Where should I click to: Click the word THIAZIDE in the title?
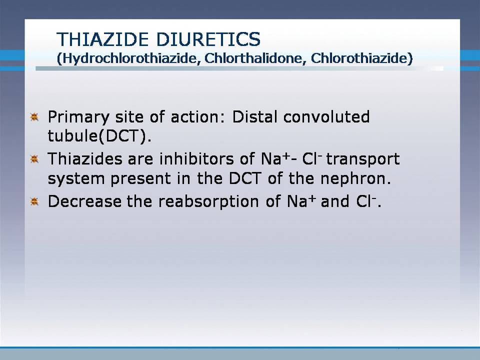tap(102, 39)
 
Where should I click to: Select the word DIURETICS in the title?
tap(208, 39)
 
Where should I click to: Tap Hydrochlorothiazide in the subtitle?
tap(128, 58)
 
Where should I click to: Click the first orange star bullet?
tap(34, 117)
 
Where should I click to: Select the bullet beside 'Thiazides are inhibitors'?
tap(34, 159)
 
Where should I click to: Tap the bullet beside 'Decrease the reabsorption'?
tap(34, 201)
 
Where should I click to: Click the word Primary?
tap(78, 117)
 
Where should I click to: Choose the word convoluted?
tap(326, 116)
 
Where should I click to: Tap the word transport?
tap(363, 159)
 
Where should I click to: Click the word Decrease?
tap(84, 201)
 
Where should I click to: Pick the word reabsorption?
tap(208, 202)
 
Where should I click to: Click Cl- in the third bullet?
tap(366, 201)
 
